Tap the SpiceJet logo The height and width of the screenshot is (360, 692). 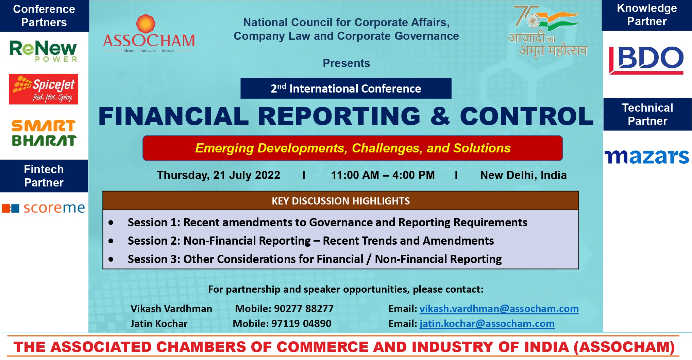coord(44,89)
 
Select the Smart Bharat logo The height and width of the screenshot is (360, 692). coord(44,133)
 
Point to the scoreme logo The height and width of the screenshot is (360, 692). coord(44,208)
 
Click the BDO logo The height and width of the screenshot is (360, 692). coord(646,60)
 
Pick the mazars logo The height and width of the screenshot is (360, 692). coord(647,157)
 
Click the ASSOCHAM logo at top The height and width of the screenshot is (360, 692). coord(149,34)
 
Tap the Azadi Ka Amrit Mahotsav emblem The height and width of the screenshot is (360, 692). coord(547,32)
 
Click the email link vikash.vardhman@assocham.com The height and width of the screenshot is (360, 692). coord(499,309)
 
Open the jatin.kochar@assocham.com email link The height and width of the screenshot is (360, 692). coord(487,324)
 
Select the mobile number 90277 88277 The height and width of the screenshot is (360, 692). coord(304,309)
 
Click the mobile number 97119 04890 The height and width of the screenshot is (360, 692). coord(301,324)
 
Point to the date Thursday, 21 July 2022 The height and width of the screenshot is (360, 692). coord(218,175)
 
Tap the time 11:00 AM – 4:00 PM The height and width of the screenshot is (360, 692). coord(383,175)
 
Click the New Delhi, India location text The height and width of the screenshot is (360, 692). coord(523,175)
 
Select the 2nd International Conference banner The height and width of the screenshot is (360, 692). coord(346,88)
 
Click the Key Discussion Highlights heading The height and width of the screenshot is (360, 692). coord(341,201)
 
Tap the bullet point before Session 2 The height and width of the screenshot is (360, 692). coord(111,241)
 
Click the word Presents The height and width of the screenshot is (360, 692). coord(346,63)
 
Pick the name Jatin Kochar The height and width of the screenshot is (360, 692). coord(159,324)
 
